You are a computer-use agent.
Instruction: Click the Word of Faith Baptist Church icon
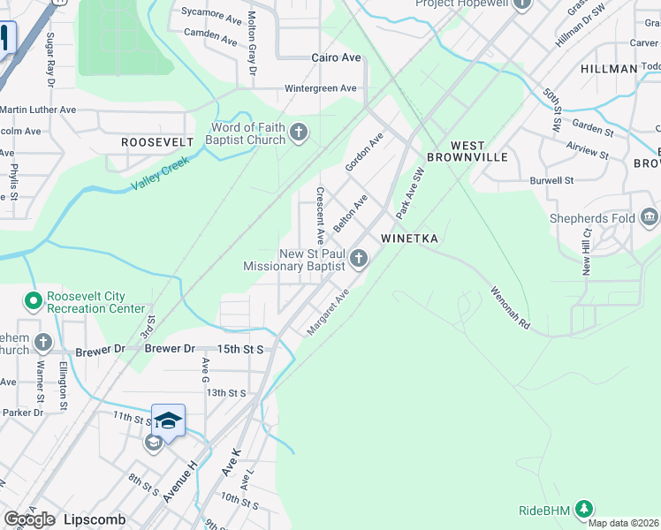pos(299,133)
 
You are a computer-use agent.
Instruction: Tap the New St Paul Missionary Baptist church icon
pos(358,259)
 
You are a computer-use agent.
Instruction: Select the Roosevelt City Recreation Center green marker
pos(34,302)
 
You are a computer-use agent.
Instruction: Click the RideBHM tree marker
pos(582,509)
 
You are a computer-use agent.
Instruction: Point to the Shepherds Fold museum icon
pos(650,216)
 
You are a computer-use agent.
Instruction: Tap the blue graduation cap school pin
pos(168,420)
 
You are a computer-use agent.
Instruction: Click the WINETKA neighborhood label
pos(410,238)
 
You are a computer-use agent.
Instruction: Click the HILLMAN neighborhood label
pos(609,69)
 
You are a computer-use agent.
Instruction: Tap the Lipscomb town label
pos(95,519)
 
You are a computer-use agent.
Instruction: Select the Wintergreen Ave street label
pos(320,88)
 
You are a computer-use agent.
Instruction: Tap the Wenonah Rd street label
pos(512,307)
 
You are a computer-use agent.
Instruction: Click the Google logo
pos(29,519)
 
